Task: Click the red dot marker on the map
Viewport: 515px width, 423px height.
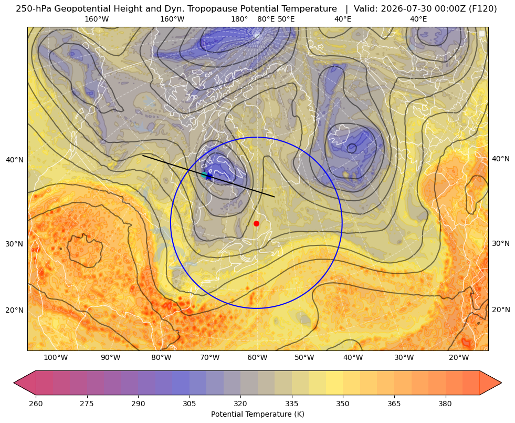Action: tap(256, 223)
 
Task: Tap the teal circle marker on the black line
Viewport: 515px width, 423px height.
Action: tap(204, 174)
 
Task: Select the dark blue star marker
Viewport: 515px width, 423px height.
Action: tap(208, 177)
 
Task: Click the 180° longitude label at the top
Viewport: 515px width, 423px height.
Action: tap(239, 19)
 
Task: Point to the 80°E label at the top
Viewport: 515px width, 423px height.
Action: tap(266, 19)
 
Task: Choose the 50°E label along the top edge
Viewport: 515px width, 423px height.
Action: tap(286, 19)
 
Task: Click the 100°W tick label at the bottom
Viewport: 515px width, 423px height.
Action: tap(56, 357)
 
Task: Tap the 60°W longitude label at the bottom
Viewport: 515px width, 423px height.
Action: tap(257, 357)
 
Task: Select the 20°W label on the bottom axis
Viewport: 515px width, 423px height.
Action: tap(459, 357)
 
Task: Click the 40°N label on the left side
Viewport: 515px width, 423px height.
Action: tap(15, 160)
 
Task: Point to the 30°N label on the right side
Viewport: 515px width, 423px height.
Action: tap(501, 243)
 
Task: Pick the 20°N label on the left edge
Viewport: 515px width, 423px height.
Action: tap(15, 310)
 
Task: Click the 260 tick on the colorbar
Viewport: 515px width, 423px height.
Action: tap(36, 403)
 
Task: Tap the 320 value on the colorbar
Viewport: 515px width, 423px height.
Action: tap(240, 403)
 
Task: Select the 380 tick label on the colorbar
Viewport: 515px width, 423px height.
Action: tap(445, 403)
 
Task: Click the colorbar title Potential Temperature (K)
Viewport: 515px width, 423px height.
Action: tap(257, 414)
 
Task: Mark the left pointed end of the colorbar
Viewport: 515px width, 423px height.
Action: tap(14, 383)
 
